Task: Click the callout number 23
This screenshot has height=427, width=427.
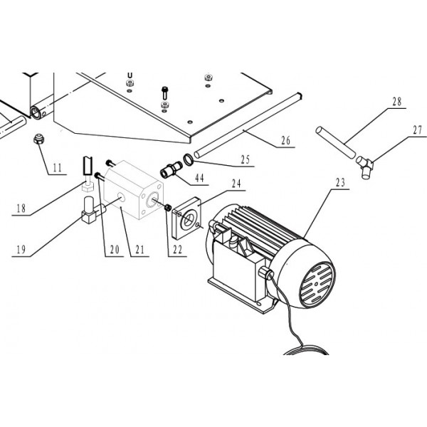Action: coord(340,182)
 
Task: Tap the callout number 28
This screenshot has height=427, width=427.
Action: coord(397,102)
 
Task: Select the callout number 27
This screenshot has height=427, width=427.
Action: coord(418,130)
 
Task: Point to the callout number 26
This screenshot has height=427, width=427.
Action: coord(285,141)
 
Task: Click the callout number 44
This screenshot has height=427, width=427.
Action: coord(199,178)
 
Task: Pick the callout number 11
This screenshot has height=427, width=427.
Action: coord(57,168)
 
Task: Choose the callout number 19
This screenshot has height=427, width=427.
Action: coord(21,250)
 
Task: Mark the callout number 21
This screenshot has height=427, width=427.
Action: coord(139,250)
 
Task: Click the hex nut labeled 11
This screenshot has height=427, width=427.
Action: coord(38,139)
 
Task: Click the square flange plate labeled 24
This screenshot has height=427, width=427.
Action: coord(187,218)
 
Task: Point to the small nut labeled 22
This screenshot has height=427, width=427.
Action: coord(168,208)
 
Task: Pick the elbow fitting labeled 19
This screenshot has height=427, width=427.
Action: coord(93,211)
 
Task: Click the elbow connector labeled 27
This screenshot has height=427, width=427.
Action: coord(364,167)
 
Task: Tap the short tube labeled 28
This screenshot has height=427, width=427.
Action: coord(335,142)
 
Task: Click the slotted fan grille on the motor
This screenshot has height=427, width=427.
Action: coord(317,284)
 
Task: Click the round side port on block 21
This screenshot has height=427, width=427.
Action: coord(122,197)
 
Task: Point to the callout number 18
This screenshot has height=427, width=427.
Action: coord(21,209)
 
